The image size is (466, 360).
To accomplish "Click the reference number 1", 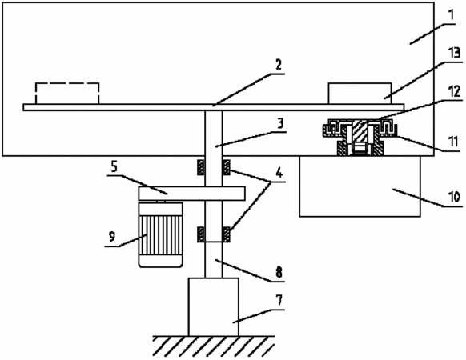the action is coord(452,16).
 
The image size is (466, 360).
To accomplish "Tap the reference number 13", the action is coord(455,53).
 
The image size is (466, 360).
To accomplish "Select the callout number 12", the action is coord(454,91).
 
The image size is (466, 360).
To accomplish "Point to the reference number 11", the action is coord(453,142).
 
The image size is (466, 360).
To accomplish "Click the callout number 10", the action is coord(454,197).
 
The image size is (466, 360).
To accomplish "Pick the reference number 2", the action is coord(279,64).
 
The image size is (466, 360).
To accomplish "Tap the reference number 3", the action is coord(280,123).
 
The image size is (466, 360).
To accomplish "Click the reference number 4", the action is coord(279,172).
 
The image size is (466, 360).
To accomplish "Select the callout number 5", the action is coord(114,167).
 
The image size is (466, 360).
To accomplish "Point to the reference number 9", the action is coord(112,237).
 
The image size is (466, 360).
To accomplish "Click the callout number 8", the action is coord(279,272).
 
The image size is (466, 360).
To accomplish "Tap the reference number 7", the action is coord(279,300).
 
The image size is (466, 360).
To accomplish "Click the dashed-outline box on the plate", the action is coord(67,94).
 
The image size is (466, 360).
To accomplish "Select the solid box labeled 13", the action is coord(360,94).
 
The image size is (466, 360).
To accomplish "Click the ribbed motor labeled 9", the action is coord(160,235).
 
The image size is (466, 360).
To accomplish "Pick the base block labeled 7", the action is coord(214,307).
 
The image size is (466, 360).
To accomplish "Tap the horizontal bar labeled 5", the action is coord(191,194).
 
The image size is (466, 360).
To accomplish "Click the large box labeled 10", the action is coord(360,186).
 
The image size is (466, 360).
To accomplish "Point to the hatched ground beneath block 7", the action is coord(214,346).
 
